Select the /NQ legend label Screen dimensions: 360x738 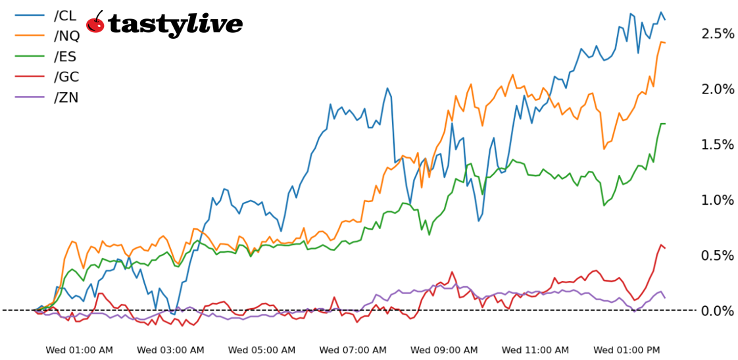[x=66, y=36]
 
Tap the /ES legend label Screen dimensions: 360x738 [x=66, y=57]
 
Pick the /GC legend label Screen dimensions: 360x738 [x=66, y=77]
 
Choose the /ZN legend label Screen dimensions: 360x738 [x=66, y=97]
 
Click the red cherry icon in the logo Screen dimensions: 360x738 [x=96, y=24]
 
